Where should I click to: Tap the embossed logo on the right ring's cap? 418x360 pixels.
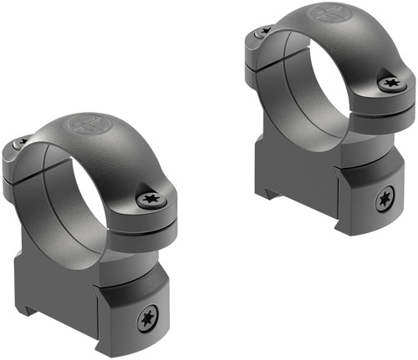(x=324, y=14)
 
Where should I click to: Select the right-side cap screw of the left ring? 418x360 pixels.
(x=150, y=198)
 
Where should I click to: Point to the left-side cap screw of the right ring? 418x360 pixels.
(x=265, y=31)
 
